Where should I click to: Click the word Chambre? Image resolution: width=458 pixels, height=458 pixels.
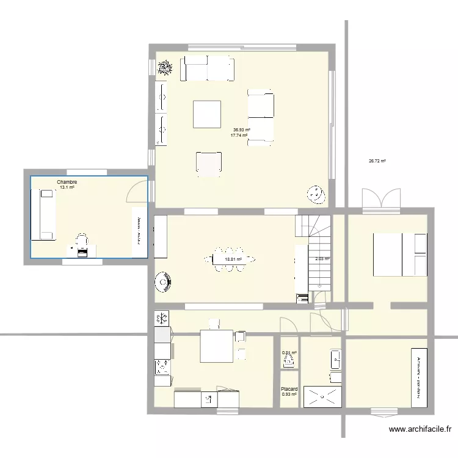tap(67, 182)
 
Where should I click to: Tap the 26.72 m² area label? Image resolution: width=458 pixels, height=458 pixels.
tap(377, 162)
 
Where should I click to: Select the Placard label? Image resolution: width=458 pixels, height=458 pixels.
tap(289, 389)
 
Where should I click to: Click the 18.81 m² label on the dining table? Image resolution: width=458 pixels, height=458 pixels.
tap(233, 259)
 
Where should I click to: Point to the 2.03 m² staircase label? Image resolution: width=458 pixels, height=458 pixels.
tap(322, 259)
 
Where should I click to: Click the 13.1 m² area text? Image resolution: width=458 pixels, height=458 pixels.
tap(67, 188)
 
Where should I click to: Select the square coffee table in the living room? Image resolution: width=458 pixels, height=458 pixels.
tap(207, 114)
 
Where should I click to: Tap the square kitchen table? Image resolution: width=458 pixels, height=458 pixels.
tap(217, 346)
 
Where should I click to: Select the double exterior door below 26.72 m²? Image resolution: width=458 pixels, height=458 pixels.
tap(382, 200)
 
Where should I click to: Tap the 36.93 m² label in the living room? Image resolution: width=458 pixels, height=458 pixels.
tap(242, 129)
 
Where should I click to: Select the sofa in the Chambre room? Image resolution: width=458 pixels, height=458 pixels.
tap(45, 214)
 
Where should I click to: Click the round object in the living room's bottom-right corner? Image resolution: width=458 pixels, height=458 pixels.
tap(316, 195)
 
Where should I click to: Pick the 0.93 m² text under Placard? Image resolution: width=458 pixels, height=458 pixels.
tap(289, 394)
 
